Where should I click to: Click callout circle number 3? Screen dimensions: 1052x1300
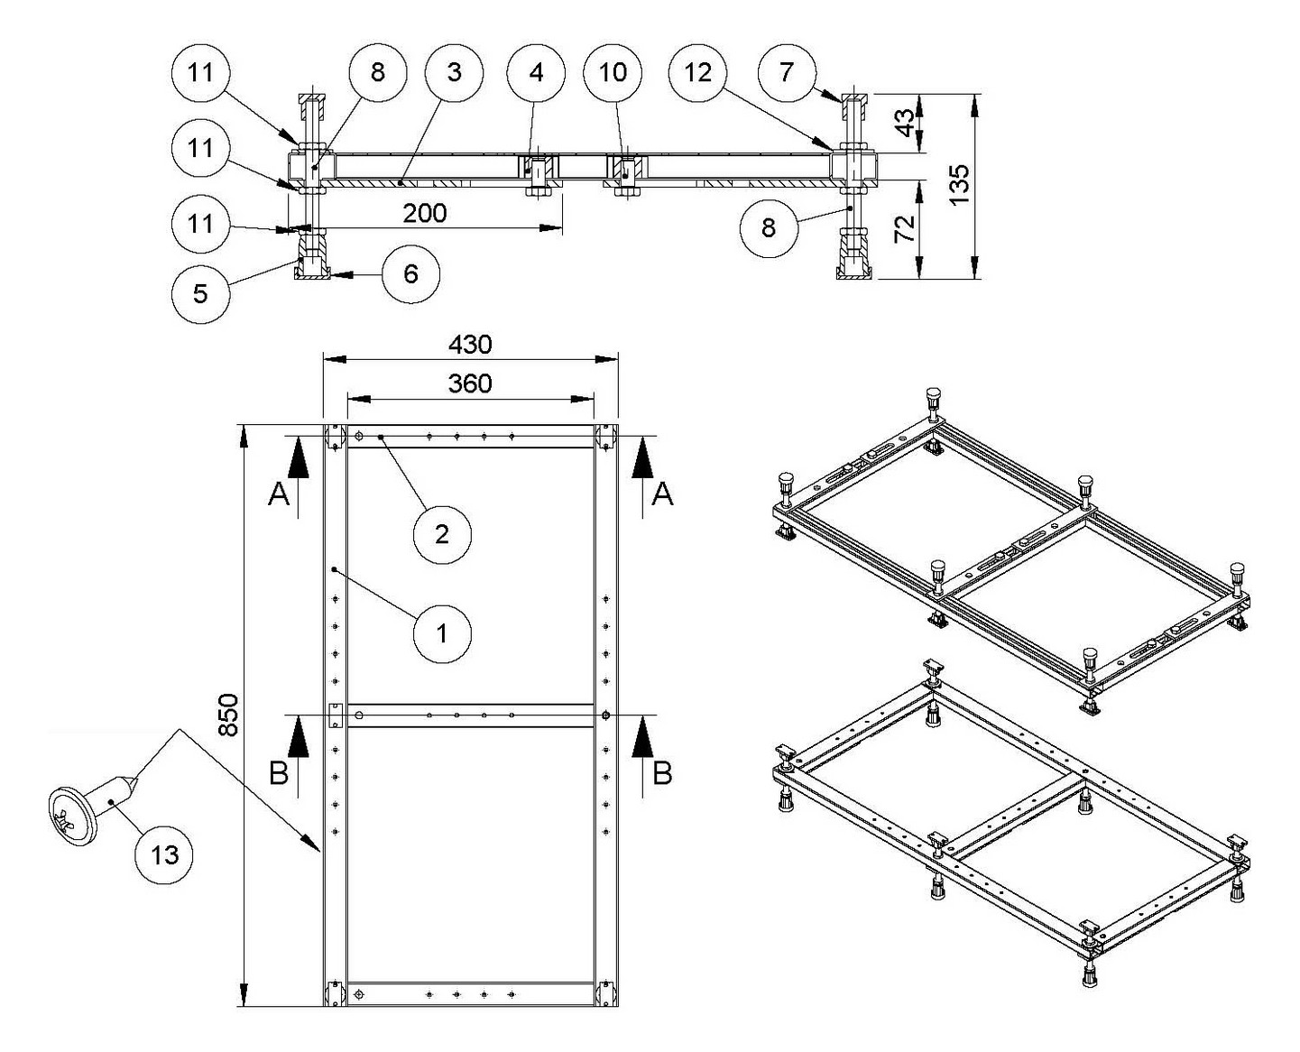coord(454,72)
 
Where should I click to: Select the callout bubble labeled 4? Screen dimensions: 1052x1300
coord(537,72)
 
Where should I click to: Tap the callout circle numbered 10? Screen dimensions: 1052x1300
coord(613,72)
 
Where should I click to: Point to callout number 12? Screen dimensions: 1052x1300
coord(698,72)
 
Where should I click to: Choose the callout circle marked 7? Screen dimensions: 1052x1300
coord(787,72)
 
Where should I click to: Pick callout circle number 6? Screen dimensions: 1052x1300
coord(410,273)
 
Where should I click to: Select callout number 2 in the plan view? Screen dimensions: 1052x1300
coord(442,534)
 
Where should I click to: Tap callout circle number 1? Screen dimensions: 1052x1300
coord(442,633)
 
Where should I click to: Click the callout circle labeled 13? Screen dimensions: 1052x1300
coord(165,854)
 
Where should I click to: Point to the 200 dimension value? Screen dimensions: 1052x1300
coord(424,213)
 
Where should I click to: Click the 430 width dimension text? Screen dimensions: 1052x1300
coord(470,344)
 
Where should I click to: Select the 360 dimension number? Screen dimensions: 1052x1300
coord(470,383)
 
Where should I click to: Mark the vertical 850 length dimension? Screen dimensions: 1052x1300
coord(229,715)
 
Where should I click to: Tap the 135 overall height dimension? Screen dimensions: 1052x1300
coord(959,184)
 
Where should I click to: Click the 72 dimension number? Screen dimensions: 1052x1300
coord(904,227)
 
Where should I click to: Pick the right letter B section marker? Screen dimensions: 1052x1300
coord(662,773)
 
